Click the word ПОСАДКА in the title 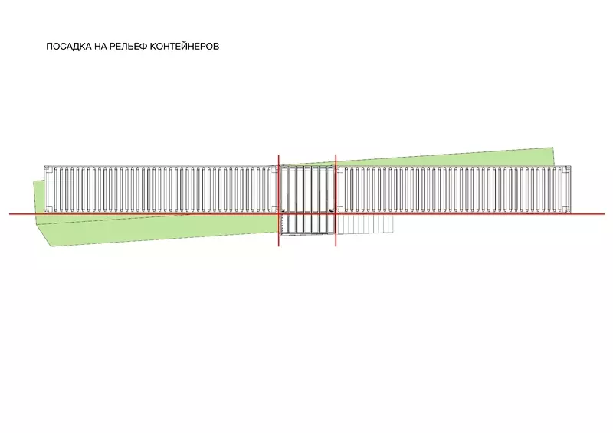coord(69,47)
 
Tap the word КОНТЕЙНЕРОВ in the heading coord(185,47)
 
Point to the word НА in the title coord(100,47)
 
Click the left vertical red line coord(279,200)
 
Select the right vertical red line coord(336,200)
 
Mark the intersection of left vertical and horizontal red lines coord(279,214)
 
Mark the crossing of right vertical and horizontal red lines coord(336,214)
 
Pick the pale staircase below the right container coord(366,224)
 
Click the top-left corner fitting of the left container coord(47,168)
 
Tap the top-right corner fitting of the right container coord(567,168)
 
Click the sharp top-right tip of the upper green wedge coord(552,148)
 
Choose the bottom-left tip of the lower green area coord(51,246)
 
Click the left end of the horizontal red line coord(10,214)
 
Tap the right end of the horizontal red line coord(605,214)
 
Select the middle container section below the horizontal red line coord(307,225)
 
